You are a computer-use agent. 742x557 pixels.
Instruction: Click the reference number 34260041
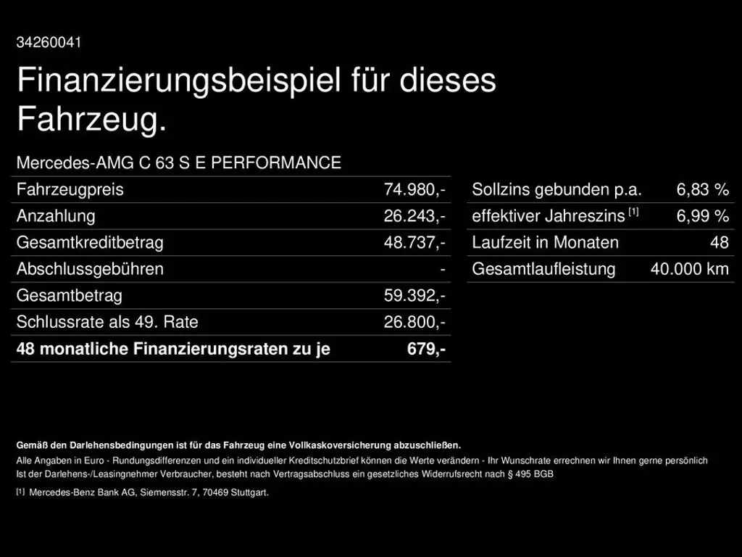[49, 42]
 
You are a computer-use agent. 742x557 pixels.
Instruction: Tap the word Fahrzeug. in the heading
[91, 120]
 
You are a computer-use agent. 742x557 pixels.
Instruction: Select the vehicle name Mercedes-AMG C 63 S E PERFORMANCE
[178, 163]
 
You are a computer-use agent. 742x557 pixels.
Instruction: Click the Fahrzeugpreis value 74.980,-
[414, 190]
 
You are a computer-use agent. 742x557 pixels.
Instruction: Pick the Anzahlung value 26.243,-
[414, 216]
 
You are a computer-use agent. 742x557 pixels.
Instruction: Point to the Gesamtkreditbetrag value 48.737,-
[414, 243]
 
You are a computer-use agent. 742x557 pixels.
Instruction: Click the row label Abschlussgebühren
[90, 269]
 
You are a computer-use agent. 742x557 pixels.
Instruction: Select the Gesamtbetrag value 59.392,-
[414, 296]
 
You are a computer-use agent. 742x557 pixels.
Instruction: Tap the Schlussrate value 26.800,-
[414, 322]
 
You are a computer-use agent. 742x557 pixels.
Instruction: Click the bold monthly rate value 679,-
[426, 349]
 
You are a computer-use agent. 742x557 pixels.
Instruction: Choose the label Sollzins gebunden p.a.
[556, 190]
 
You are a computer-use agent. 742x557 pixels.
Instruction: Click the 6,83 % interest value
[702, 190]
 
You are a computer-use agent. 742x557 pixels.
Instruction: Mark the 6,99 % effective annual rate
[702, 216]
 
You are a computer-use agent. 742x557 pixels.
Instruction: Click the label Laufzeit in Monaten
[545, 243]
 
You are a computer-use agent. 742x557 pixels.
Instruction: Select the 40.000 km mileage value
[689, 269]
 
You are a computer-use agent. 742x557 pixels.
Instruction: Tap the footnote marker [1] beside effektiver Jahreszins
[633, 212]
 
